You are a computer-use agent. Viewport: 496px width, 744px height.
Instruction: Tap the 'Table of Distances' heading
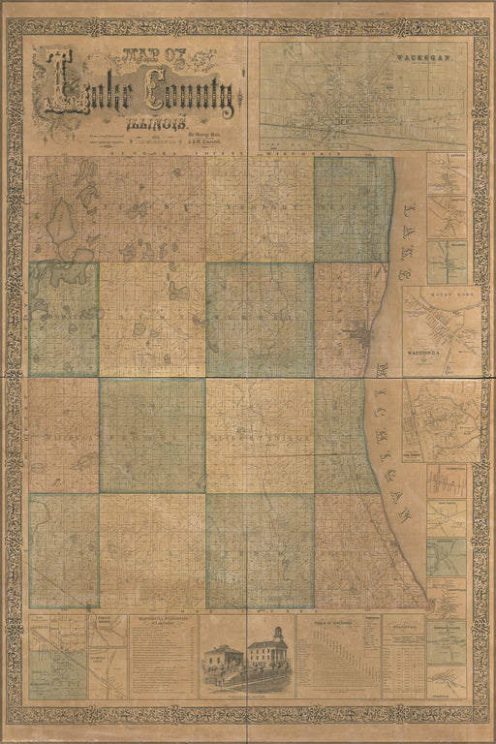click(335, 622)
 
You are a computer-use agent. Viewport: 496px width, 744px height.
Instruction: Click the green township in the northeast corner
click(353, 209)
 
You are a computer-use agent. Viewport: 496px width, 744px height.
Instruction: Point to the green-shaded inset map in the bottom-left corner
click(57, 659)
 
